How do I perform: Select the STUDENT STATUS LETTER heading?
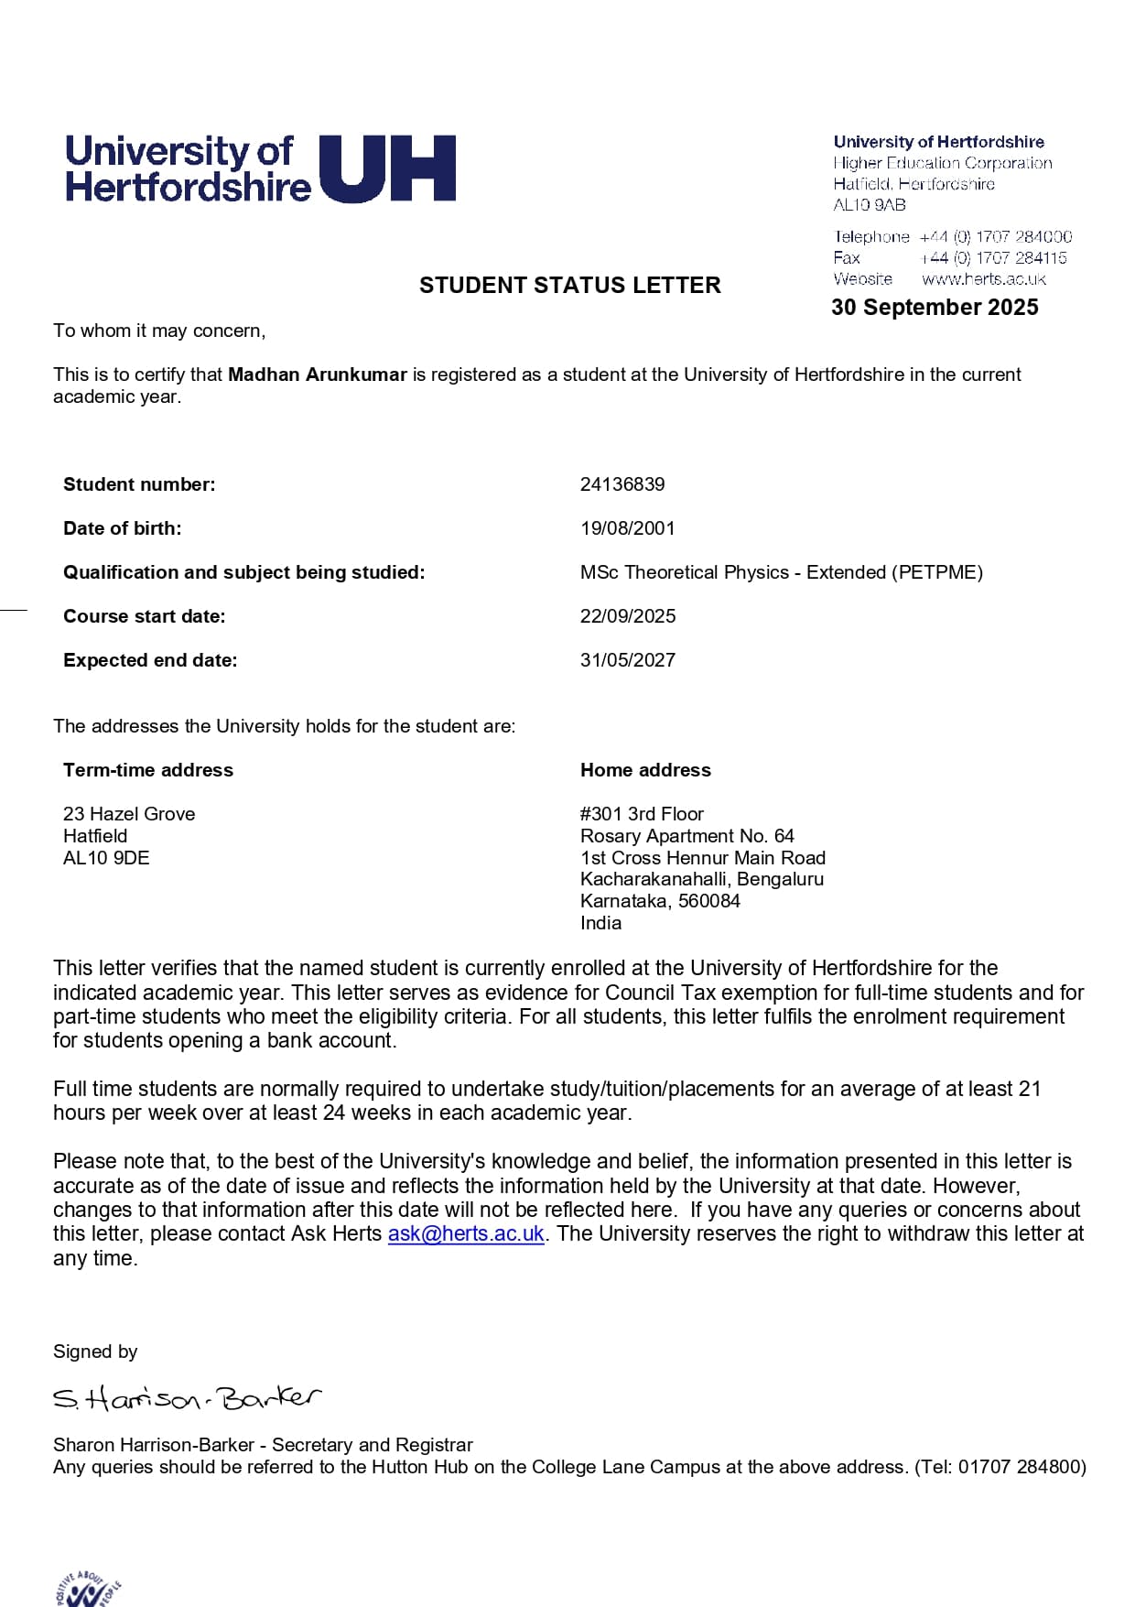coord(569,286)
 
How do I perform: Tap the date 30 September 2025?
coord(935,308)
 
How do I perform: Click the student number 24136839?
coord(622,484)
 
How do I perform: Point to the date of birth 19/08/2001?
coord(627,528)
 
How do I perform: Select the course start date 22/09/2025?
coord(628,616)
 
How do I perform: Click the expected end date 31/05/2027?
coord(628,660)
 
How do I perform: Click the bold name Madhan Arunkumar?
coord(317,375)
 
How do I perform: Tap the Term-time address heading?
coord(148,770)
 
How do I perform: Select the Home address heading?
coord(645,770)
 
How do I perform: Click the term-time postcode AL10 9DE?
coord(106,858)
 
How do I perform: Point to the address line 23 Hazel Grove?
coord(129,814)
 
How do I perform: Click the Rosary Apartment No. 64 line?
coord(686,836)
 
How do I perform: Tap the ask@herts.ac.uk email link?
coord(466,1234)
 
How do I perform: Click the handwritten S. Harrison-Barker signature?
coord(188,1398)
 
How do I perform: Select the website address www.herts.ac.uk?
coord(983,279)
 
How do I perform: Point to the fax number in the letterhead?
coord(993,258)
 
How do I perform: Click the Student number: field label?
coord(139,484)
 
